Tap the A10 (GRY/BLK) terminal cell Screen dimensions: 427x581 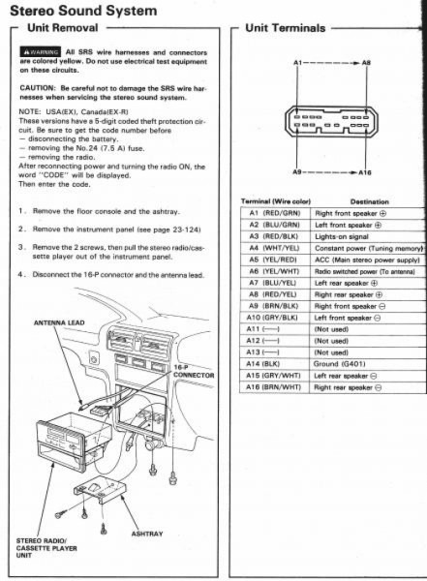coord(275,318)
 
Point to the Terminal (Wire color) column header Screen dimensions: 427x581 coord(275,201)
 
